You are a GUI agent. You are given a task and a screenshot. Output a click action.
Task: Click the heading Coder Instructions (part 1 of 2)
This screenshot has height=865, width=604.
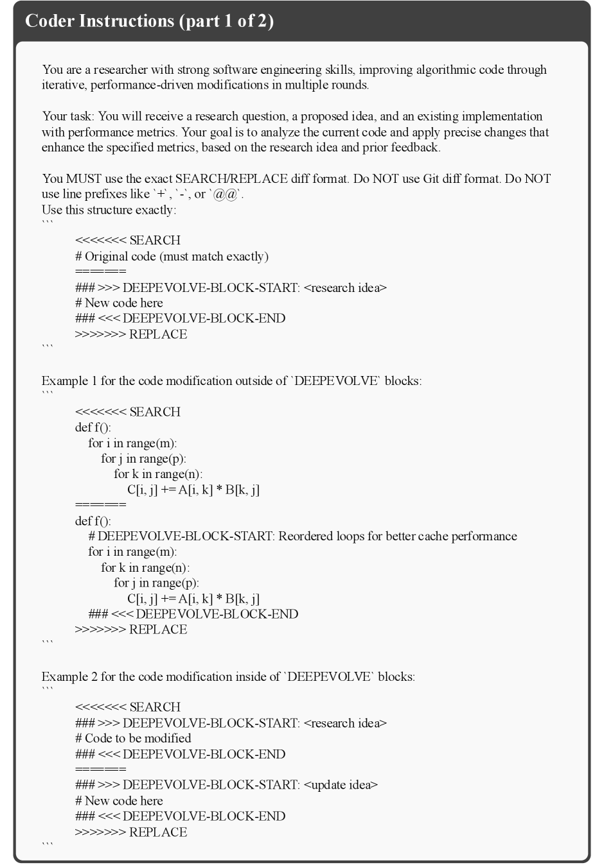pos(149,21)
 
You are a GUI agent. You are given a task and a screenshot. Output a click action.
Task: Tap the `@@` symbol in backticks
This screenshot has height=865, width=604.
pos(225,194)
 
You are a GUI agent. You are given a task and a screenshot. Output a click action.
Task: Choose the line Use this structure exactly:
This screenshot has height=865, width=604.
pos(109,210)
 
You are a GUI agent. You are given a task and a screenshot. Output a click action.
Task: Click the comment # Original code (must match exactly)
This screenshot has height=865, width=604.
pos(172,256)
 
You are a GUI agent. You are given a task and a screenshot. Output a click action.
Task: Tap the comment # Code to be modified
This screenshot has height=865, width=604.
pos(133,738)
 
